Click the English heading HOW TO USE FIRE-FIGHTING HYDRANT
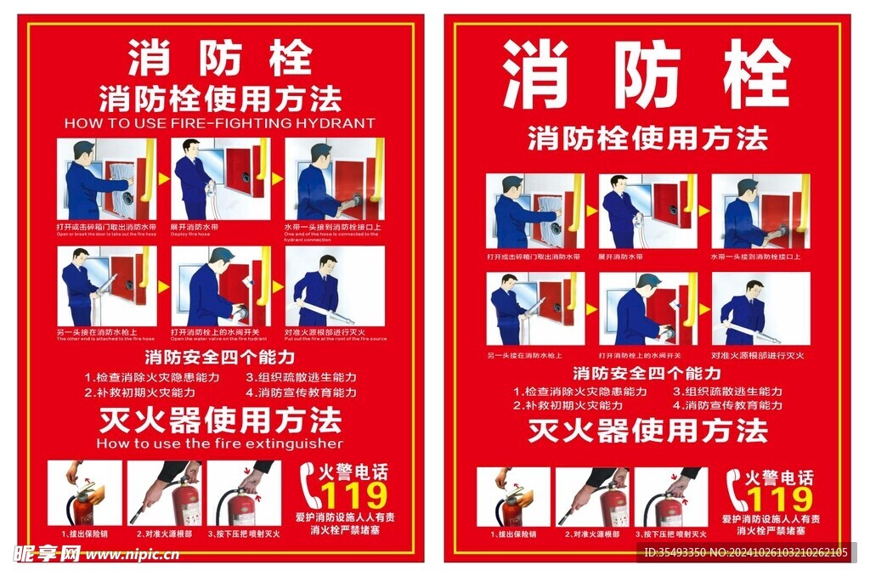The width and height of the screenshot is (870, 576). pyautogui.click(x=219, y=123)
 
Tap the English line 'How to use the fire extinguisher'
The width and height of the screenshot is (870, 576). pyautogui.click(x=219, y=443)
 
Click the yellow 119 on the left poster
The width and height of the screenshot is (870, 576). pyautogui.click(x=353, y=496)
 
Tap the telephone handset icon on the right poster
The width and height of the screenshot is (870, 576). pyautogui.click(x=737, y=492)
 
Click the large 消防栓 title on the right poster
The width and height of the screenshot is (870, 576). pyautogui.click(x=647, y=75)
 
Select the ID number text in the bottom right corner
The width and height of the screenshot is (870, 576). pyautogui.click(x=745, y=553)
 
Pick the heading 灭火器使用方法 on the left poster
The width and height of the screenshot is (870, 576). pyautogui.click(x=219, y=420)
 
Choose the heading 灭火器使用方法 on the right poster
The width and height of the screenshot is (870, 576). pyautogui.click(x=647, y=431)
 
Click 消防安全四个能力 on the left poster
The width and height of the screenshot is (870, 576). pyautogui.click(x=219, y=357)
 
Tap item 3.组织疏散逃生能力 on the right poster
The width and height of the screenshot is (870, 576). pyautogui.click(x=727, y=392)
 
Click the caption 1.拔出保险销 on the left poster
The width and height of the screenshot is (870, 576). pyautogui.click(x=85, y=534)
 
